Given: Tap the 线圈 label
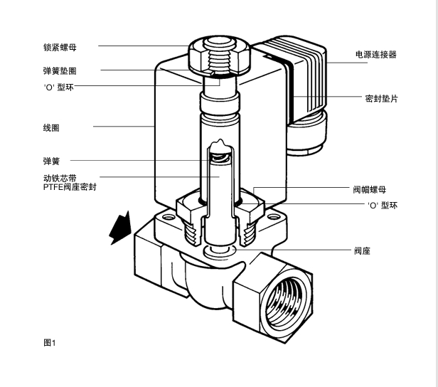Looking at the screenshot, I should [50, 128].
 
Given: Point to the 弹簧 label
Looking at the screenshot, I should [50, 160].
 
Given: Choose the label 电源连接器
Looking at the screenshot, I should [375, 54].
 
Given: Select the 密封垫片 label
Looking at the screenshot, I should [380, 98].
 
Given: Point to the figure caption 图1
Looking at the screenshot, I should [49, 342].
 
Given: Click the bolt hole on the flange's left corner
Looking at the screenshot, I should [169, 218].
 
